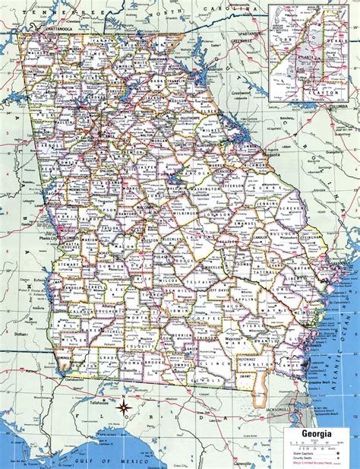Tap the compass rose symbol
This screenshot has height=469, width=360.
click(122, 410)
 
